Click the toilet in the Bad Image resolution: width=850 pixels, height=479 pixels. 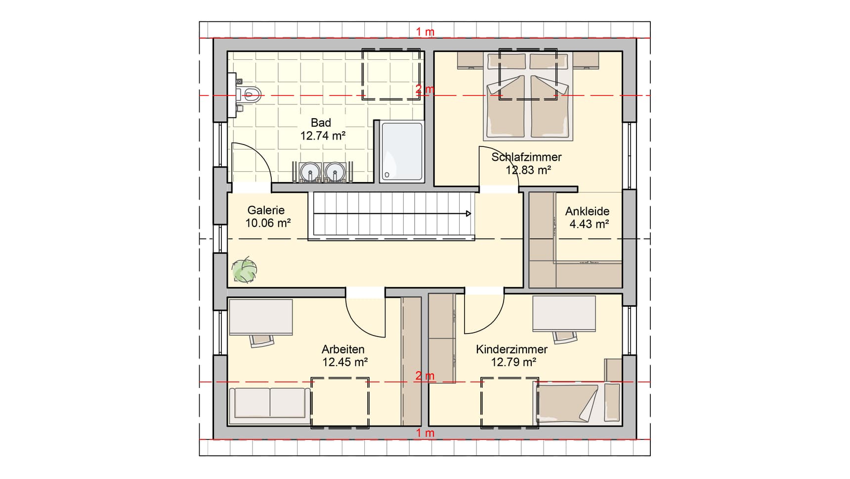point(251,94)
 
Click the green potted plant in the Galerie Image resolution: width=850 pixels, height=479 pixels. point(245,270)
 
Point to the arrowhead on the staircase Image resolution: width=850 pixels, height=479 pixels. point(468,214)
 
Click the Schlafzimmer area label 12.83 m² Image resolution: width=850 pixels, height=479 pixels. point(528,170)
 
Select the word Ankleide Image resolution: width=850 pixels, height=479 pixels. point(587,211)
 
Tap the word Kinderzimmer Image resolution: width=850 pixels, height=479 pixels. point(511,349)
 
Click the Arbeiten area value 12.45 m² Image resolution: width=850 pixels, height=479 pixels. point(344,362)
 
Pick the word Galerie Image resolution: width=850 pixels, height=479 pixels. point(266,210)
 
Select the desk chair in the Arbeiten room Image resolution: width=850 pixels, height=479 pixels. point(261,340)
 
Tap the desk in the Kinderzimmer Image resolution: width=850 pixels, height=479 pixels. point(564,313)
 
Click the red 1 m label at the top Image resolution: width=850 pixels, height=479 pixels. point(425,32)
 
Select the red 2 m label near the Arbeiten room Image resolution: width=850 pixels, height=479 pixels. point(425,376)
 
